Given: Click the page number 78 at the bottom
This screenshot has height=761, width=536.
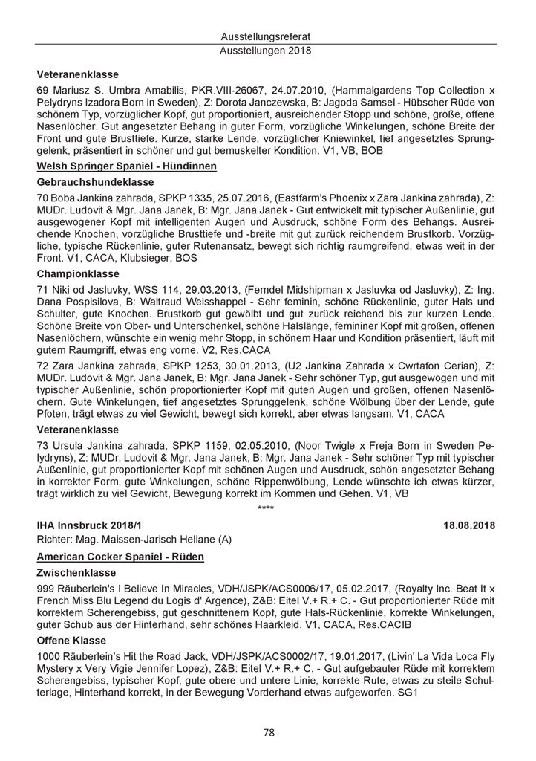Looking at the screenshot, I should pyautogui.click(x=269, y=733).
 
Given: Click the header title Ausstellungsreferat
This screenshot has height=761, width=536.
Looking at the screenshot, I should pyautogui.click(x=268, y=36).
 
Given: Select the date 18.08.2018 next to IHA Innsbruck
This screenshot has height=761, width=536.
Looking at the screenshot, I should pyautogui.click(x=471, y=525).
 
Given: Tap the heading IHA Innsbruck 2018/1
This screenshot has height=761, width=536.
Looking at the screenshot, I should pyautogui.click(x=88, y=525).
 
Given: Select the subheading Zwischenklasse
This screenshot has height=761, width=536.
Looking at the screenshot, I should pyautogui.click(x=76, y=574).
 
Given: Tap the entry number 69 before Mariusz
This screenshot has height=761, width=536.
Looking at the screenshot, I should pyautogui.click(x=42, y=89).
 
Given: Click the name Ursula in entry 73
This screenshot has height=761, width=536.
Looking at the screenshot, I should pyautogui.click(x=69, y=444).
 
